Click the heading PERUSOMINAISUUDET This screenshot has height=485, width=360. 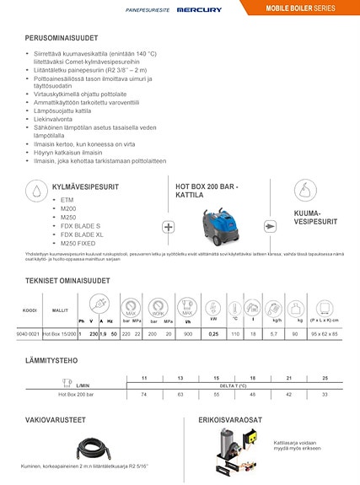pos(61,39)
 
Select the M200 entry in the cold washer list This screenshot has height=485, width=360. pos(69,207)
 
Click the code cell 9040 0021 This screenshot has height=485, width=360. pos(29,335)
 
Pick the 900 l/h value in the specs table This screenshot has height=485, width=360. pos(187,335)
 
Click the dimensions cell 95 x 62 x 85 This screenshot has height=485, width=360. pos(323,335)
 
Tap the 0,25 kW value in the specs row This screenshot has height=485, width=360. pos(213,335)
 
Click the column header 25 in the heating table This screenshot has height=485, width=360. pos(325,377)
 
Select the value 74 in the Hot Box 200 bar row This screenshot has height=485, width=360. pos(144,395)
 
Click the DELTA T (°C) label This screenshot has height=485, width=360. pos(229,385)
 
